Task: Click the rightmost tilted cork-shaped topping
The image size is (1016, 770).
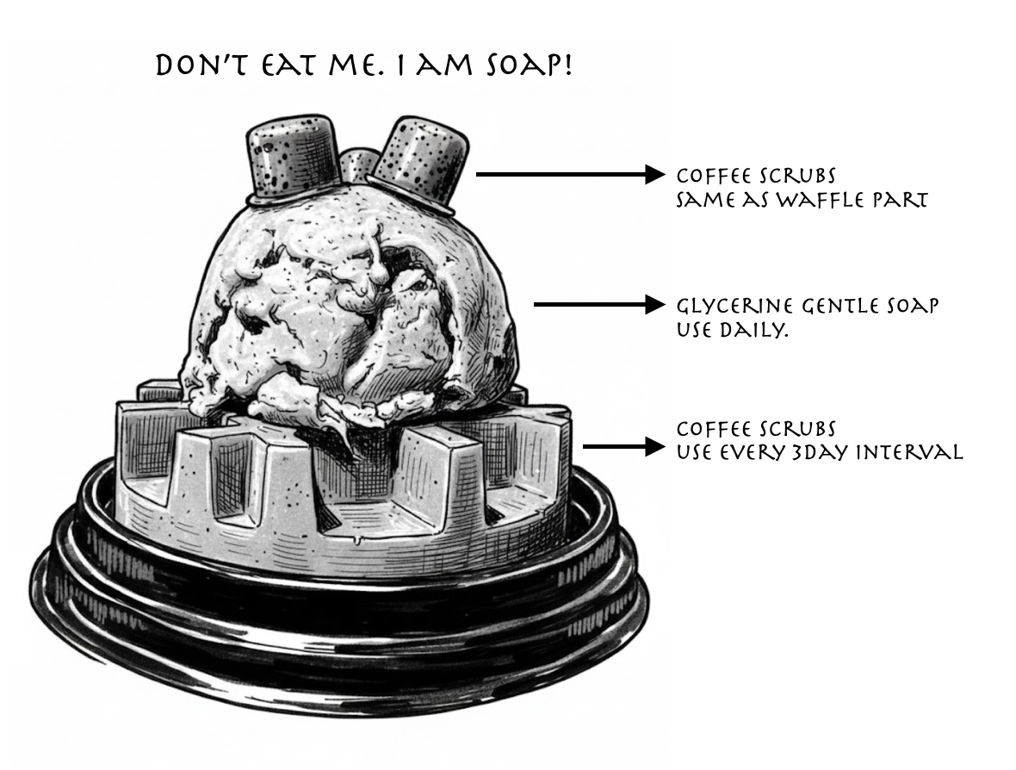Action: click(x=418, y=165)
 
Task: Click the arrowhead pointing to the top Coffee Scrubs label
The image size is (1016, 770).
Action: click(x=655, y=174)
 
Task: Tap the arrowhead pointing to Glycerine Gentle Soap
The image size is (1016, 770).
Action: click(x=655, y=305)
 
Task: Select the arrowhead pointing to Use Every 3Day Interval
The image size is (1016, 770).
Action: click(x=655, y=446)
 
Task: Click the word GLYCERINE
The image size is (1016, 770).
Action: click(x=734, y=305)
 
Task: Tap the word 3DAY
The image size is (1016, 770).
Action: click(x=821, y=452)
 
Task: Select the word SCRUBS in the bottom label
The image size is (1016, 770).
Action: click(x=797, y=428)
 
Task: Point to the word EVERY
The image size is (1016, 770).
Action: click(x=754, y=452)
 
